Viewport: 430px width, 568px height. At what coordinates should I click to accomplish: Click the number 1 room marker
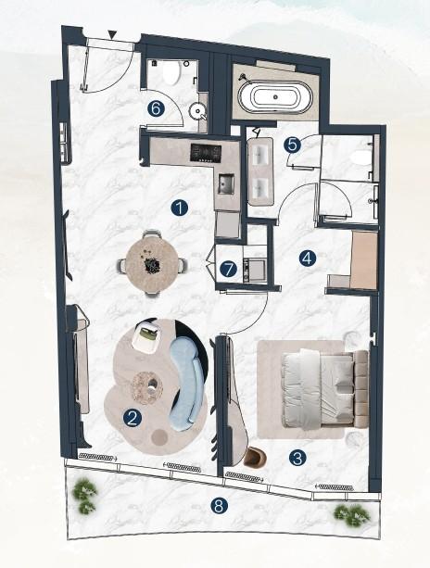179,208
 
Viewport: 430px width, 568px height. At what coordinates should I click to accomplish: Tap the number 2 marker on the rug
133,417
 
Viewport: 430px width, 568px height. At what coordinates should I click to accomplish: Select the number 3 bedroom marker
297,457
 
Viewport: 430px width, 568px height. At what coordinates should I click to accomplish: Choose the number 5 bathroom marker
292,144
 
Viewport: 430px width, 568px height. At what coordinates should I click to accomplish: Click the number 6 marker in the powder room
156,107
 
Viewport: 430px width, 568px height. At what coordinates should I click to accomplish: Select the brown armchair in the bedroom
255,457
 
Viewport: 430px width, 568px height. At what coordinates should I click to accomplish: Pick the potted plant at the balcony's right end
349,512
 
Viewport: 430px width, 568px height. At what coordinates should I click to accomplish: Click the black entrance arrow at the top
112,35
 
